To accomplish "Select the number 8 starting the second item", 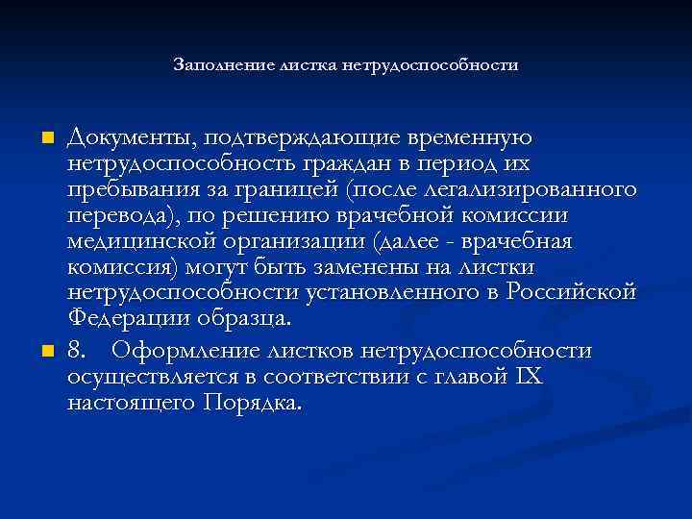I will click(x=74, y=353).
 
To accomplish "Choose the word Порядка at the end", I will click(x=254, y=403).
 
